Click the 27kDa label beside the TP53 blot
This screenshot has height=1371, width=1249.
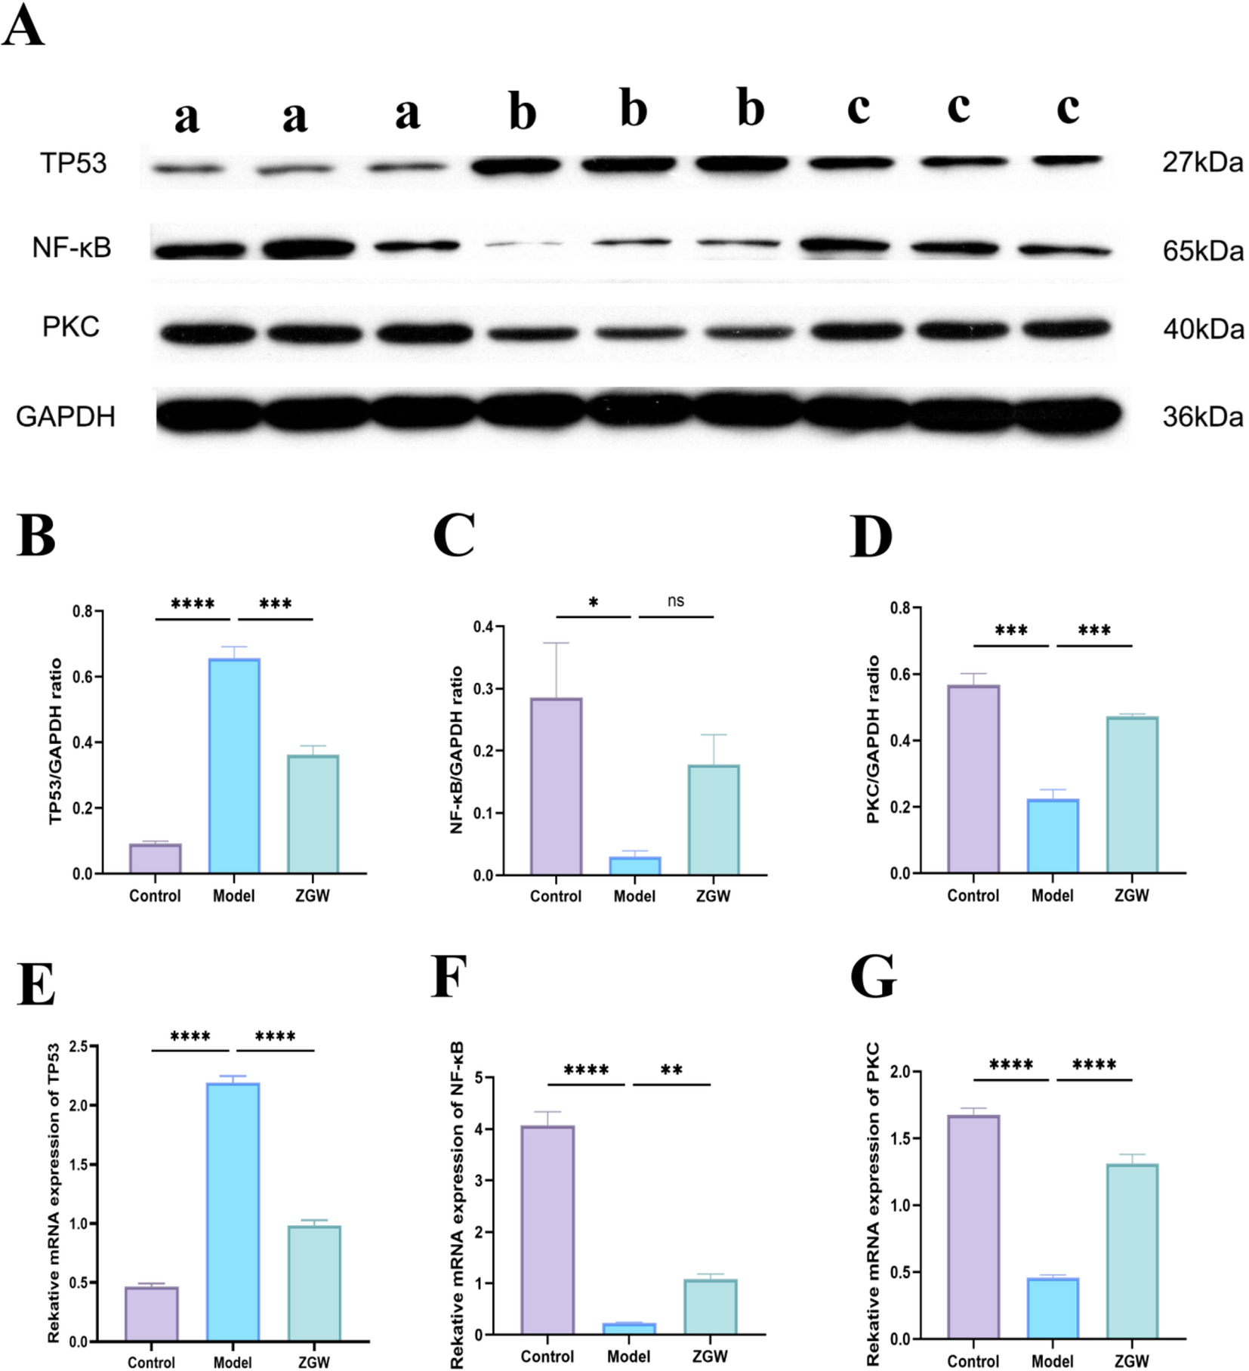(1201, 162)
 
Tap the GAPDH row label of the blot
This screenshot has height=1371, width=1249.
(66, 416)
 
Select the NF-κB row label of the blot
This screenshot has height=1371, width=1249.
(72, 247)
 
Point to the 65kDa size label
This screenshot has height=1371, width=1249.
(1202, 251)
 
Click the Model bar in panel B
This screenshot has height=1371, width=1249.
(234, 766)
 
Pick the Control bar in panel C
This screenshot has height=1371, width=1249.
(556, 786)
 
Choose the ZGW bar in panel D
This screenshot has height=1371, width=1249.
(1131, 795)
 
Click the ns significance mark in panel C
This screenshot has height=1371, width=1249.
(676, 601)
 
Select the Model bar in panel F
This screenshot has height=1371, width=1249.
(629, 1329)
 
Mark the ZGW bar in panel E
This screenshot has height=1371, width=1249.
(314, 1283)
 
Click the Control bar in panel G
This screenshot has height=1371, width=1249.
(973, 1227)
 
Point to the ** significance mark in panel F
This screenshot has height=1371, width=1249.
(671, 1070)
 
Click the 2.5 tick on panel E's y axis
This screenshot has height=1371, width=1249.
(79, 1046)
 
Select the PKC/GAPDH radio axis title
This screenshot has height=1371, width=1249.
(874, 739)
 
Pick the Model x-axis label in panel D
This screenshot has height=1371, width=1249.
(1052, 895)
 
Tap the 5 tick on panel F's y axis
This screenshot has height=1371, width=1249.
(478, 1077)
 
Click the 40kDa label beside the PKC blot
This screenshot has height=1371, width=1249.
(1203, 329)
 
